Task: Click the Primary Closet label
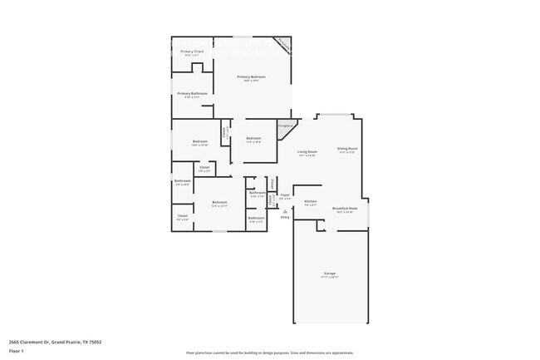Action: (193, 52)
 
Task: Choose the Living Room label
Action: (307, 151)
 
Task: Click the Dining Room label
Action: (346, 149)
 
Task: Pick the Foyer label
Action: (284, 196)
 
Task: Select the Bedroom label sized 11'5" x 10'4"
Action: (253, 138)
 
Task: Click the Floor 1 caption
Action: (16, 351)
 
